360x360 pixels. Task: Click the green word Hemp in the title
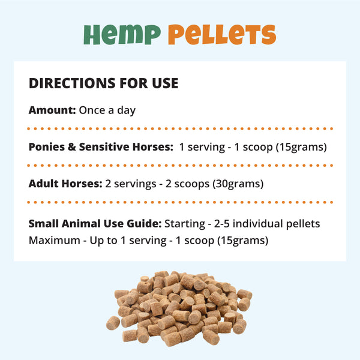tap(122, 35)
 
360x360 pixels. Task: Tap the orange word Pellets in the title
tap(221, 35)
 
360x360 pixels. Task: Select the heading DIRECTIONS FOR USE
tap(103, 83)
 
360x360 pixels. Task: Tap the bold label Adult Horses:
tap(65, 184)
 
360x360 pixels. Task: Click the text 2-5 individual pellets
tap(269, 224)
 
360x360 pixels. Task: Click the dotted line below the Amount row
tap(180, 128)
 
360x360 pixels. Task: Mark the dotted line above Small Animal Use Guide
tap(180, 203)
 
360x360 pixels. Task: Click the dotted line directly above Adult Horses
tap(180, 165)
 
